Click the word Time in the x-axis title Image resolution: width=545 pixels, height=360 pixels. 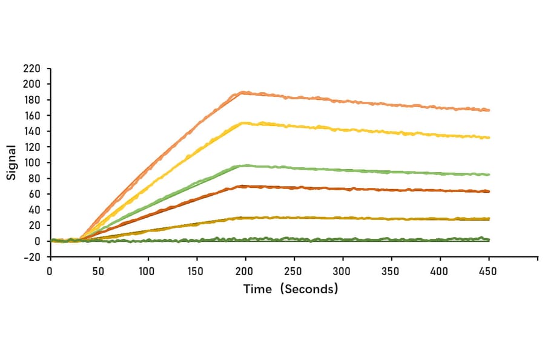[x=257, y=289]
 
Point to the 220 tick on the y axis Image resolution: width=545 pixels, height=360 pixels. [x=32, y=68]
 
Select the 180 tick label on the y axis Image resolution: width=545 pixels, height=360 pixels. [x=32, y=100]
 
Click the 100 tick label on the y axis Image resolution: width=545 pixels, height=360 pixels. [x=32, y=163]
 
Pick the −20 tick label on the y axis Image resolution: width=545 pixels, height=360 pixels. [x=31, y=257]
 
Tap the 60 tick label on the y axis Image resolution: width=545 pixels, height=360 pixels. [x=35, y=195]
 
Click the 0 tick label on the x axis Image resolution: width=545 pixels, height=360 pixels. [x=50, y=271]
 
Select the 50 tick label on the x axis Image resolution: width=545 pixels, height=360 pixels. [x=98, y=271]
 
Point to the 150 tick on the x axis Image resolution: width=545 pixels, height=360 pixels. [x=196, y=271]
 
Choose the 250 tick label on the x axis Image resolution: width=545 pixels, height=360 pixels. [x=294, y=271]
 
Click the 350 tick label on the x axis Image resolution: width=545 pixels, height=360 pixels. [x=391, y=271]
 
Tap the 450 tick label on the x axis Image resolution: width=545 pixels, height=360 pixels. [x=489, y=271]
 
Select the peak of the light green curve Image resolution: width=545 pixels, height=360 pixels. [x=245, y=165]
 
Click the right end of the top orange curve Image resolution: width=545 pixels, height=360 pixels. [x=489, y=110]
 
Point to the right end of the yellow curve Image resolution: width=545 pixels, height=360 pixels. [x=489, y=138]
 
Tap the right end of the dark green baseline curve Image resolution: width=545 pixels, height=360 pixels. [x=489, y=239]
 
